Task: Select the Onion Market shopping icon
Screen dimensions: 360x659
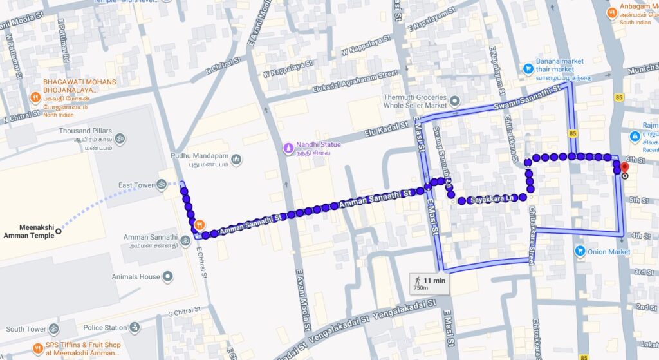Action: tap(579, 251)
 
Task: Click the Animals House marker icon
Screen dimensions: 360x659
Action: tap(168, 277)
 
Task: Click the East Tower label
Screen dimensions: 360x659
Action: tap(136, 185)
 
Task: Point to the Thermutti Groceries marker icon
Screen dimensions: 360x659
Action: tap(454, 100)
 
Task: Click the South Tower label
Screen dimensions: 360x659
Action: tap(26, 329)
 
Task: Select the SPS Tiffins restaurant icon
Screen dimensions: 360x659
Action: tap(37, 349)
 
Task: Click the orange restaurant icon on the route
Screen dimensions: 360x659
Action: tap(200, 225)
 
